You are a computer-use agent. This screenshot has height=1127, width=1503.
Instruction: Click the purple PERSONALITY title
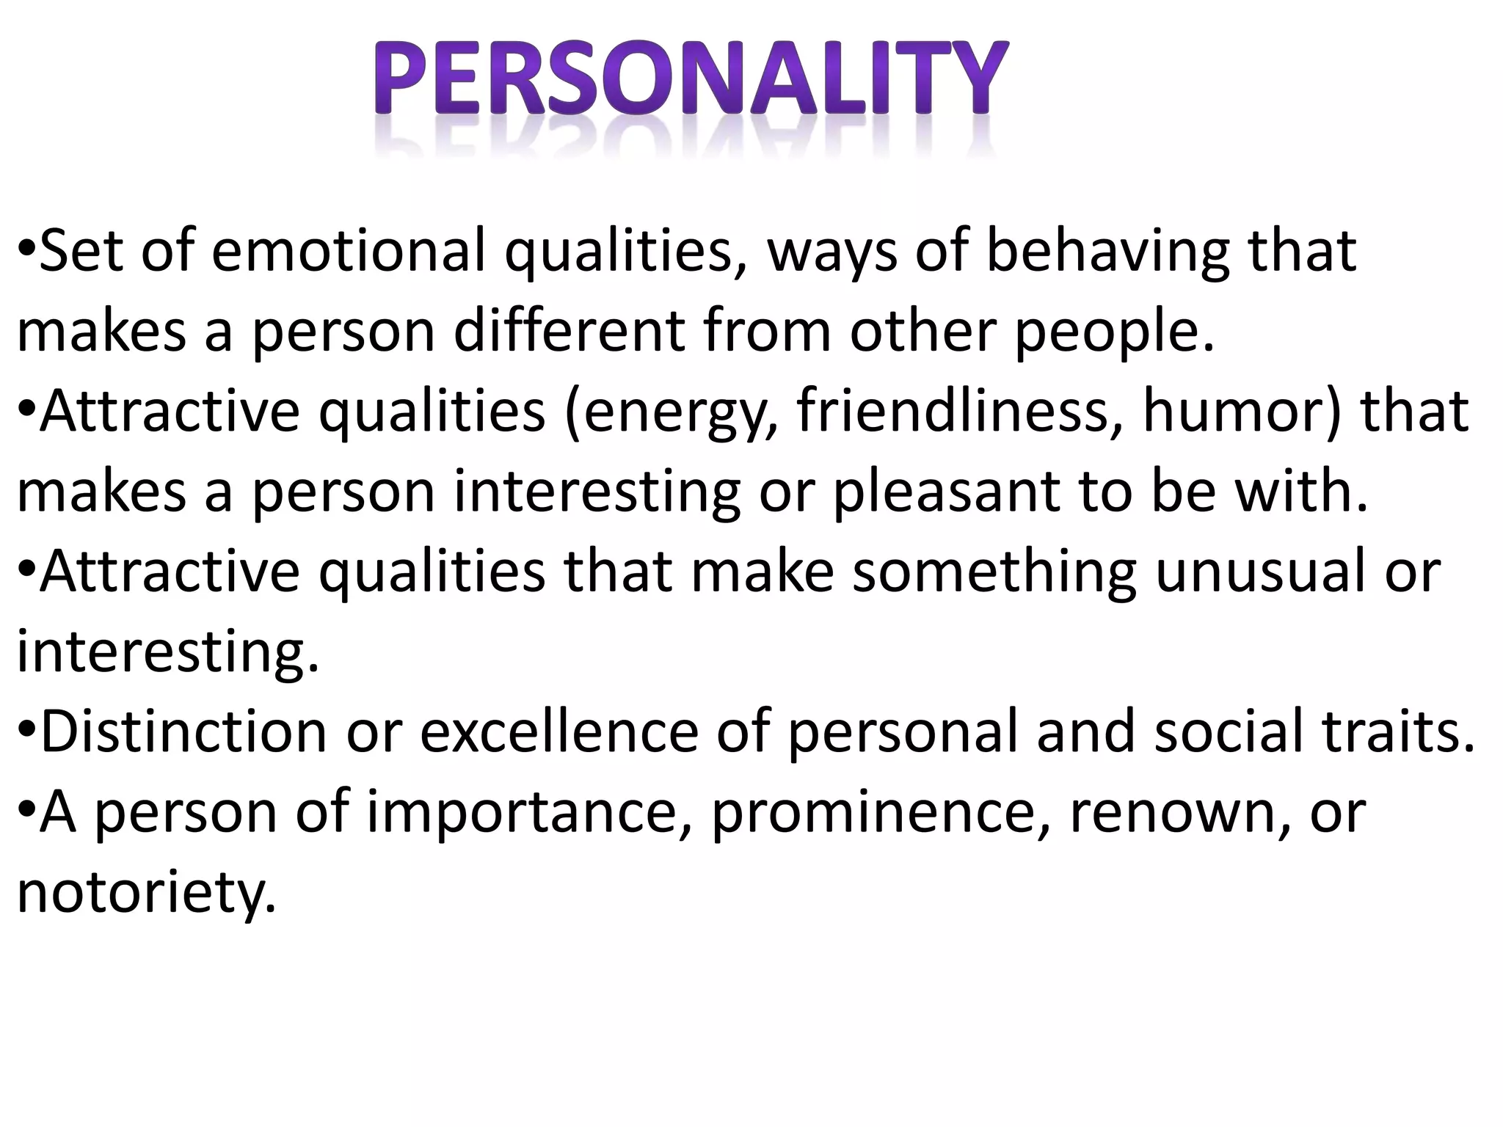690,79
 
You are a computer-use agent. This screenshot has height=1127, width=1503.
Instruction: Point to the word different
569,331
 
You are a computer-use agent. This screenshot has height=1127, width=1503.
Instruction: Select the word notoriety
147,894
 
